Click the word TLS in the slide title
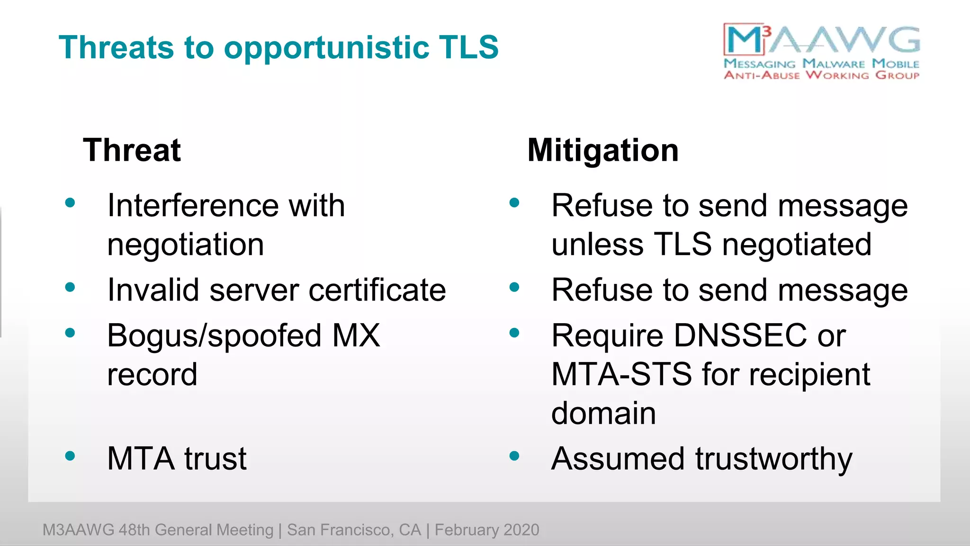pos(468,47)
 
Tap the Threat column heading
pos(132,150)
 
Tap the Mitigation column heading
pos(603,151)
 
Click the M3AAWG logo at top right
pos(821,51)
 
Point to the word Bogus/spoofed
pos(215,336)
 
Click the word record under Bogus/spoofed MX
pos(152,374)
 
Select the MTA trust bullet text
pos(177,459)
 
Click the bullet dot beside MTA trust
pos(70,456)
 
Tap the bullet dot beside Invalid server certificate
pos(70,287)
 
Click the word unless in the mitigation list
pos(597,245)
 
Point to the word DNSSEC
pos(740,336)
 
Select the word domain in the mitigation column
pos(603,413)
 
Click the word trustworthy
pos(773,459)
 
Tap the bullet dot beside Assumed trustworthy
pos(514,456)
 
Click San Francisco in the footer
pos(353,530)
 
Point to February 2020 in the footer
pos(487,530)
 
